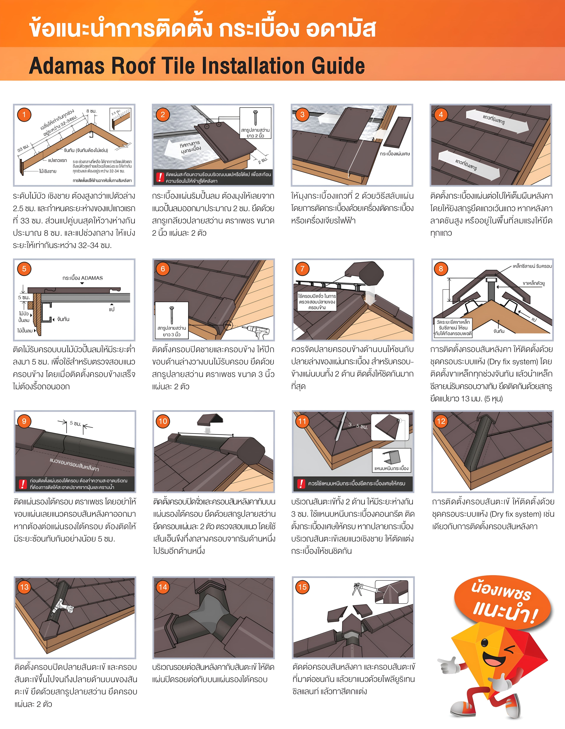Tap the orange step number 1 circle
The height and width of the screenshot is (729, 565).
coord(24,115)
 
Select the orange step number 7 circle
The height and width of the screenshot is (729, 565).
coord(302,269)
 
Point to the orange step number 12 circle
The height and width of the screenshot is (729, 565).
coord(441,421)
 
